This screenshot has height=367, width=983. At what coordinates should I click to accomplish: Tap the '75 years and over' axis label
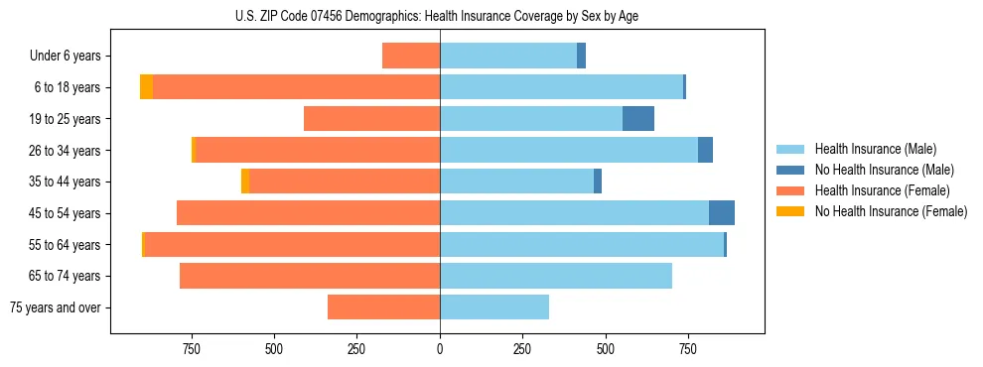56,307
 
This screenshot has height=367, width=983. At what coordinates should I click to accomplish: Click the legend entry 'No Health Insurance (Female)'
890,211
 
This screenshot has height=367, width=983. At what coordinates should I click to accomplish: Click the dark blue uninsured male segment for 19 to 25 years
637,119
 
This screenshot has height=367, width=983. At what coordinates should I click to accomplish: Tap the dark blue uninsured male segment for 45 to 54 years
721,213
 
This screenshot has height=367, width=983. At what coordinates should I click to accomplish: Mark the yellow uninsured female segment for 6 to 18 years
146,87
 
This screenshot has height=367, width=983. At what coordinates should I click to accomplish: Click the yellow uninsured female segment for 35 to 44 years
245,182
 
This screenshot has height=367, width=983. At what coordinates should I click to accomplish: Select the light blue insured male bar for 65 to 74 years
556,276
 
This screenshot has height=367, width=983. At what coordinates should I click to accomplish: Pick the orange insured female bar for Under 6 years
411,57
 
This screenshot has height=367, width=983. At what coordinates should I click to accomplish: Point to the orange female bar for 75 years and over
383,307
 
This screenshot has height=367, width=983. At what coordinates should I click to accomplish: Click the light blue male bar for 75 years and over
494,307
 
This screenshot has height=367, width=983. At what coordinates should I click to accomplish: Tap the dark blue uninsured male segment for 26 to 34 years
705,151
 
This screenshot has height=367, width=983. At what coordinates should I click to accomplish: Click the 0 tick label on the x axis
440,349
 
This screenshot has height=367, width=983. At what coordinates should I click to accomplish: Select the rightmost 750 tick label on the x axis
687,349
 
